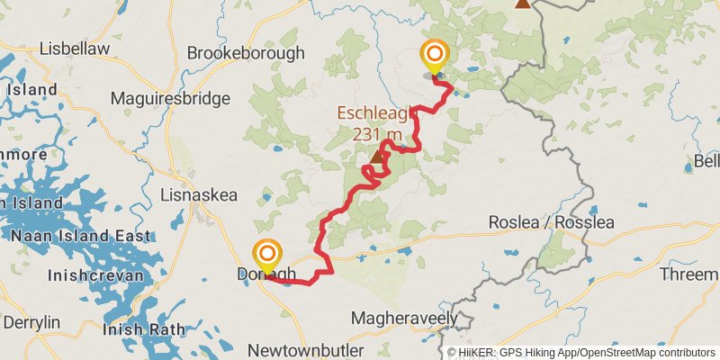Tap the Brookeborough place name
coord(246,53)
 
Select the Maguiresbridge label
coord(169,97)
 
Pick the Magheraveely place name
coord(404,319)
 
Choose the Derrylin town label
coord(30,322)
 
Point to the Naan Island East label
coord(79,237)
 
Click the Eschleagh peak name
coord(375,114)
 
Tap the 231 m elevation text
coord(375,134)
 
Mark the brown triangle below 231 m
coord(376,157)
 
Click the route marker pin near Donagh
coord(266,255)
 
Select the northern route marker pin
coord(434,56)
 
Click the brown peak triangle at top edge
coord(522,3)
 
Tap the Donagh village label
coord(266,274)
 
